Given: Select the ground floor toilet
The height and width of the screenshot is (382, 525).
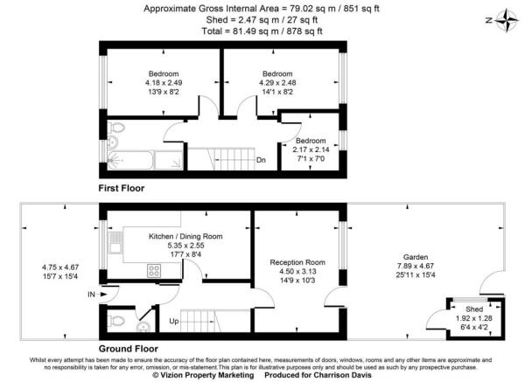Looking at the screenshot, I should point(112,319).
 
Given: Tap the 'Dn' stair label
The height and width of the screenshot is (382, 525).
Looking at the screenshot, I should point(261,160).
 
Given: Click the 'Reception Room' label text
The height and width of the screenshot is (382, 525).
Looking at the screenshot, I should point(297,261).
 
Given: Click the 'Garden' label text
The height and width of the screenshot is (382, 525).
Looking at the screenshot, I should point(405,247).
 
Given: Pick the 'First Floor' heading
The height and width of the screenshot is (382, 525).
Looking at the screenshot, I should point(122,188).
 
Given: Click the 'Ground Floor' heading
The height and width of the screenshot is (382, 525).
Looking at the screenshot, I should point(128,347).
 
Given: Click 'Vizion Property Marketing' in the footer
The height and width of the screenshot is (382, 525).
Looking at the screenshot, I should point(202,376).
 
